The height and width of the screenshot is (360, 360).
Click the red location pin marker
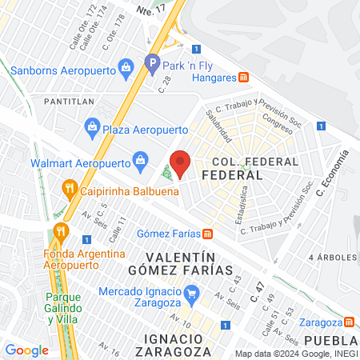181,162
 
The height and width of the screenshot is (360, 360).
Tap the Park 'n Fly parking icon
152,61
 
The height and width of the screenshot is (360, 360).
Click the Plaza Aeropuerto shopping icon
93,126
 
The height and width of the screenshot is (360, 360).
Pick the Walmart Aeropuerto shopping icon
141,161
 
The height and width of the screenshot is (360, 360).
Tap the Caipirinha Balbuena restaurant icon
69,190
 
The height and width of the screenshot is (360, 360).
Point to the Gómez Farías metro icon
207,234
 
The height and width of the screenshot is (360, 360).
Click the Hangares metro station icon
245,78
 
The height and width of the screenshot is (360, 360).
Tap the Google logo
27,350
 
